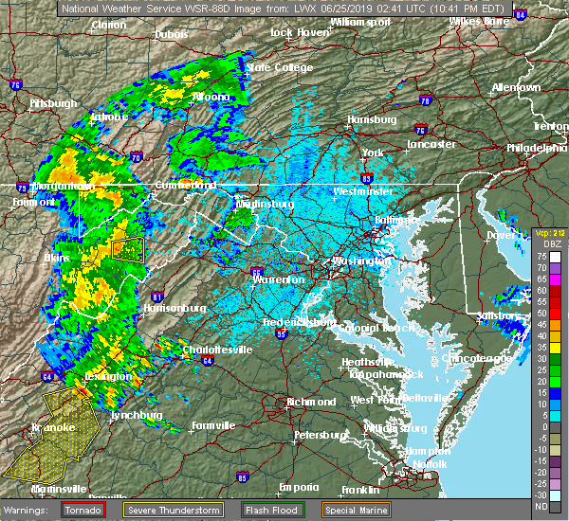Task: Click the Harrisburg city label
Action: tap(371, 120)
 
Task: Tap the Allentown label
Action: tap(516, 87)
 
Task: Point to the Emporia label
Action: tap(299, 487)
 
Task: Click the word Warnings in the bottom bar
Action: tap(30, 509)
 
